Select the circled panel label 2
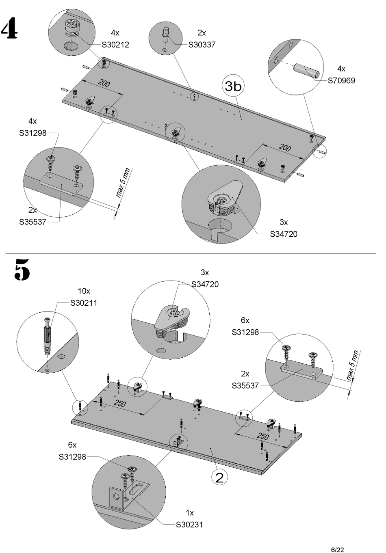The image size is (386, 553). [x=219, y=477]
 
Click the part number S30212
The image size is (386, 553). [x=115, y=45]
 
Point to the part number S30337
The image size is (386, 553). [x=202, y=45]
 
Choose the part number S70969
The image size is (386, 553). [x=341, y=80]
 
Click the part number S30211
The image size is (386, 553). [x=84, y=303]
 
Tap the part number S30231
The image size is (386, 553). [x=189, y=525]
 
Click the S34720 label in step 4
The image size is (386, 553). [x=284, y=234]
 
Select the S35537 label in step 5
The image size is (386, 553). [x=245, y=385]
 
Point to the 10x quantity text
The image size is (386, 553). [x=84, y=291]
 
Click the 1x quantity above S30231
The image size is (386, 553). [x=190, y=512]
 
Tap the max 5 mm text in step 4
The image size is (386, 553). [x=122, y=183]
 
